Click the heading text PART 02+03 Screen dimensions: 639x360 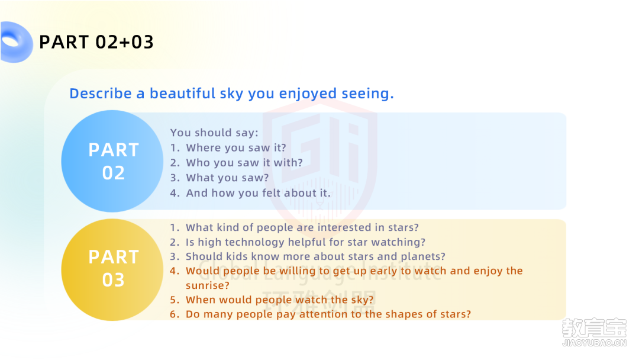(x=96, y=42)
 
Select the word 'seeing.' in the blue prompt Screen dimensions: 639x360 (x=367, y=94)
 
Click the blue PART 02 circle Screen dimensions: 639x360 (x=112, y=161)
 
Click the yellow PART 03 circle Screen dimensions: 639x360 (x=112, y=269)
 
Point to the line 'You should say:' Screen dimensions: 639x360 (x=214, y=133)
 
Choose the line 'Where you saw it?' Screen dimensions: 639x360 (x=236, y=147)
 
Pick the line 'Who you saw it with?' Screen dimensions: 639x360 (x=244, y=163)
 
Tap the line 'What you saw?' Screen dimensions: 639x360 (x=227, y=178)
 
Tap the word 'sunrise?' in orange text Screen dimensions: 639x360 (x=208, y=285)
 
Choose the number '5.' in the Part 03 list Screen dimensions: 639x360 (x=175, y=300)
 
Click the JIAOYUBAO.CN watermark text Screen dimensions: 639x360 (x=594, y=343)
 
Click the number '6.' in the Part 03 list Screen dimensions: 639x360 (x=175, y=314)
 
